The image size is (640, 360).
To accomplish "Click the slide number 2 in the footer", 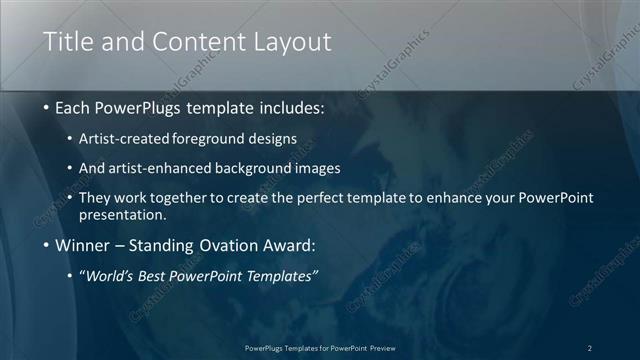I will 589,348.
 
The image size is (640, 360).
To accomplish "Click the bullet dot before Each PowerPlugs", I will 47,107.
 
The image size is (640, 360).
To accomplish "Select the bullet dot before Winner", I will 47,246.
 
